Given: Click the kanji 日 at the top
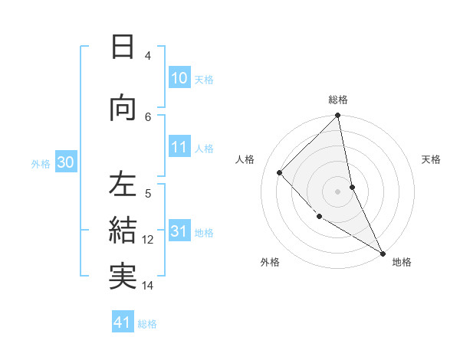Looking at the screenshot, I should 122,47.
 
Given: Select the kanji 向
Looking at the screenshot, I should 122,108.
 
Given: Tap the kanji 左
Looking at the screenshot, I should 122,185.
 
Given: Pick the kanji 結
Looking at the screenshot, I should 122,230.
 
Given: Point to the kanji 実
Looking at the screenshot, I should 122,276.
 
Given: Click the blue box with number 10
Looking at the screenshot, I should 179,78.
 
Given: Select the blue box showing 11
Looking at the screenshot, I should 179,147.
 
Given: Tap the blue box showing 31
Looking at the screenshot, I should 179,231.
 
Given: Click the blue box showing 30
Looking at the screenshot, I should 66,162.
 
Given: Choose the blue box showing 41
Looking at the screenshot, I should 123,322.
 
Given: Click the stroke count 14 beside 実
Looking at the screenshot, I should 148,286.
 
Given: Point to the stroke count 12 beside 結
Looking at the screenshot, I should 148,239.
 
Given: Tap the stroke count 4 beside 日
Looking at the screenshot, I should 148,55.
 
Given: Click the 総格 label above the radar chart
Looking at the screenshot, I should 338,100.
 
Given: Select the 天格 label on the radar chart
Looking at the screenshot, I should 432,159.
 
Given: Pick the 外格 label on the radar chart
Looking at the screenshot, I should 270,262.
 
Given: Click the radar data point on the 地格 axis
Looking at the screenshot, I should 383,253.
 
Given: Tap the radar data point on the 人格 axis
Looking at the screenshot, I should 280,172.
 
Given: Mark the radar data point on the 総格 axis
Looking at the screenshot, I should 338,116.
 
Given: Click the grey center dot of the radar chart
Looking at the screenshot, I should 338,191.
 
